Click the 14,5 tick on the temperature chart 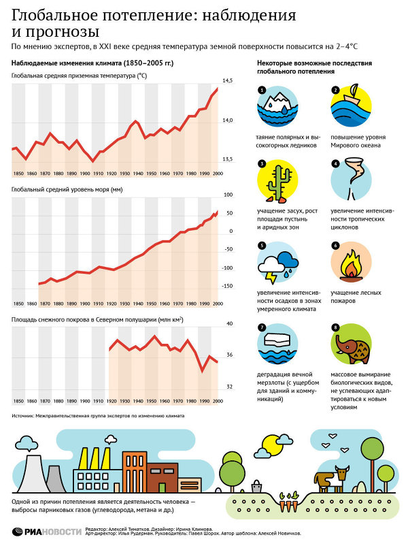tap(227, 81)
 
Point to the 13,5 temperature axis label tap(227, 159)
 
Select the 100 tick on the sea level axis tap(228, 195)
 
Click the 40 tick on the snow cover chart tap(228, 324)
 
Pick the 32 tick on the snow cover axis tap(228, 387)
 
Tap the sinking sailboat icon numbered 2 tap(351, 106)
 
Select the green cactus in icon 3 tap(278, 180)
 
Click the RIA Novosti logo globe tap(18, 532)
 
